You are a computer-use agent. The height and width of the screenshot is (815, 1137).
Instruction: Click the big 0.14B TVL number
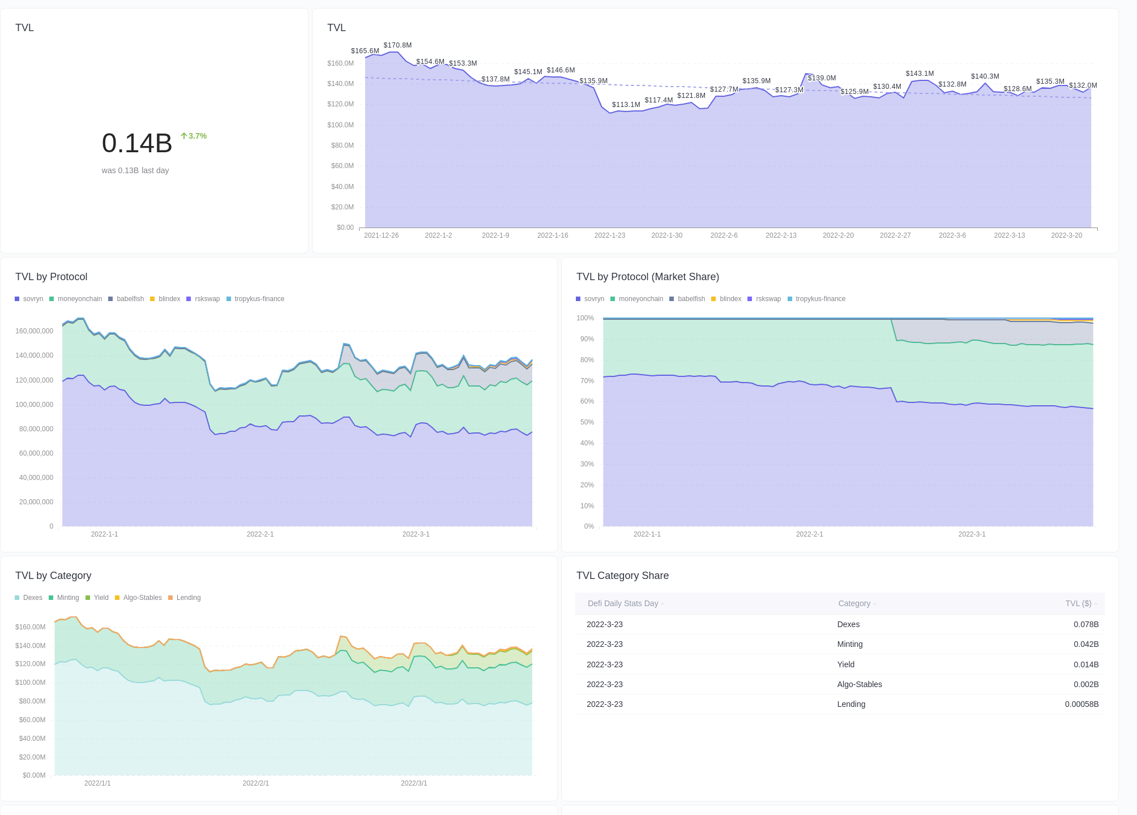(x=137, y=143)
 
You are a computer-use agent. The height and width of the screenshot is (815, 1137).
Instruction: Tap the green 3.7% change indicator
(x=194, y=136)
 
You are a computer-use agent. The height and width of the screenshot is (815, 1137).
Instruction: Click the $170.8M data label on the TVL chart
(x=397, y=45)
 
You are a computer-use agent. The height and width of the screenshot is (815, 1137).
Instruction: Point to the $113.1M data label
(x=626, y=105)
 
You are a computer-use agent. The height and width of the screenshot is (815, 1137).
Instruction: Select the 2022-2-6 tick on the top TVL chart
(x=724, y=235)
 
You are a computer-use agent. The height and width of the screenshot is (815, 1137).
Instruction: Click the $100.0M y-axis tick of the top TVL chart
(x=340, y=125)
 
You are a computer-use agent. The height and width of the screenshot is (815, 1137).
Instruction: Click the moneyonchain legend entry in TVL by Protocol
(x=79, y=299)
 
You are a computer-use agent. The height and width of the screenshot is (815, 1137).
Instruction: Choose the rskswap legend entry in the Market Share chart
(x=768, y=299)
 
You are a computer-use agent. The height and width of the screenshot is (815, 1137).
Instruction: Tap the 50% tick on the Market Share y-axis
(x=585, y=422)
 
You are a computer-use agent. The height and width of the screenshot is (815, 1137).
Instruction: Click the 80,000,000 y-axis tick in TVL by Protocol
(x=36, y=429)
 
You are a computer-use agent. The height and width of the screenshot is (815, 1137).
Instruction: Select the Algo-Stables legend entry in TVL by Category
(x=142, y=598)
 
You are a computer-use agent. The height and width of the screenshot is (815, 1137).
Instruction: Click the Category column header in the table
(x=854, y=603)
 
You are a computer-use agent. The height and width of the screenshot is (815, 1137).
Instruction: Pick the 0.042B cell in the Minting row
(x=1085, y=644)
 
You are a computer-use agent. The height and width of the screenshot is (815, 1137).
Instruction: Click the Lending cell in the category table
(x=851, y=704)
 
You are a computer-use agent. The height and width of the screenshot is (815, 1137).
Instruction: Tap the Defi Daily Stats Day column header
(x=623, y=603)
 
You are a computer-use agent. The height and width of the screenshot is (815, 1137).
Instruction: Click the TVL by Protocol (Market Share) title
(x=647, y=277)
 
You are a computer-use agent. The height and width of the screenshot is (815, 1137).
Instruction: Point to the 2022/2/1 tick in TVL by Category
(x=255, y=783)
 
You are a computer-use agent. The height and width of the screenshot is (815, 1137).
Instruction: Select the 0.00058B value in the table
(x=1081, y=704)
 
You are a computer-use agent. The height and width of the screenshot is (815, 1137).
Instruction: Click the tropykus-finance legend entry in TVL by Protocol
(x=259, y=299)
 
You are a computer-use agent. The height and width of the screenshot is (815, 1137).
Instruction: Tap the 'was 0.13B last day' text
(x=135, y=170)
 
